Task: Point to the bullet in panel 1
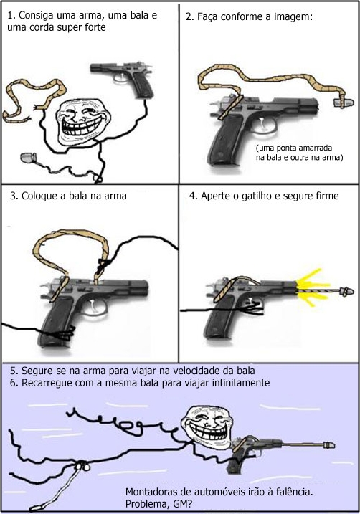click(x=27, y=157)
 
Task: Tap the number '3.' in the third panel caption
click(x=15, y=196)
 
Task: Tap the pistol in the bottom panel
click(x=247, y=453)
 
